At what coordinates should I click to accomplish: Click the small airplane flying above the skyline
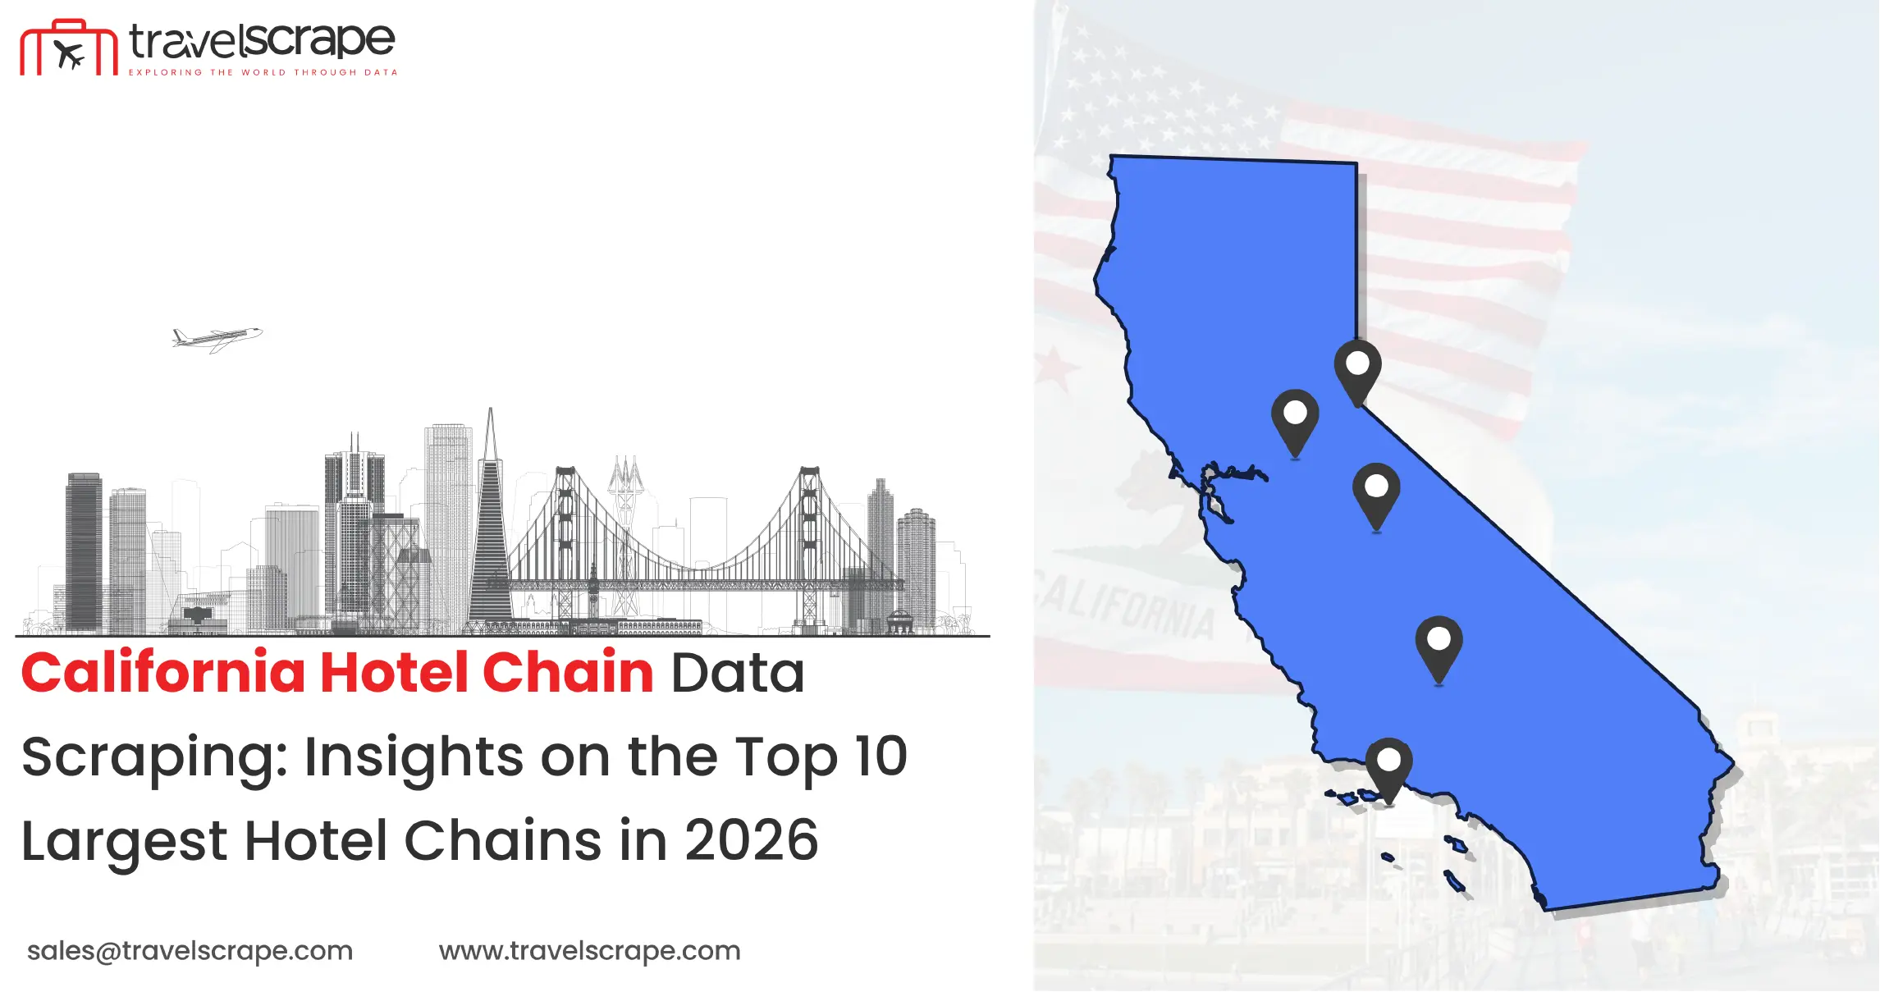pyautogui.click(x=217, y=338)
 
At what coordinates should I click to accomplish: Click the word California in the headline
pyautogui.click(x=163, y=672)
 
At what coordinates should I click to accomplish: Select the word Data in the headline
pyautogui.click(x=738, y=673)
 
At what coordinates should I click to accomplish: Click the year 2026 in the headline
pyautogui.click(x=752, y=840)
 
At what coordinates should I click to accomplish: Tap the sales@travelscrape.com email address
pyautogui.click(x=190, y=951)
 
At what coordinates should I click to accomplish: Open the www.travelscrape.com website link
pyautogui.click(x=589, y=951)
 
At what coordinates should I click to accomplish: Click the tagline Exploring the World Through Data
pyautogui.click(x=263, y=72)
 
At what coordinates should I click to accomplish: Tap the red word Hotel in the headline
pyautogui.click(x=394, y=672)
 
